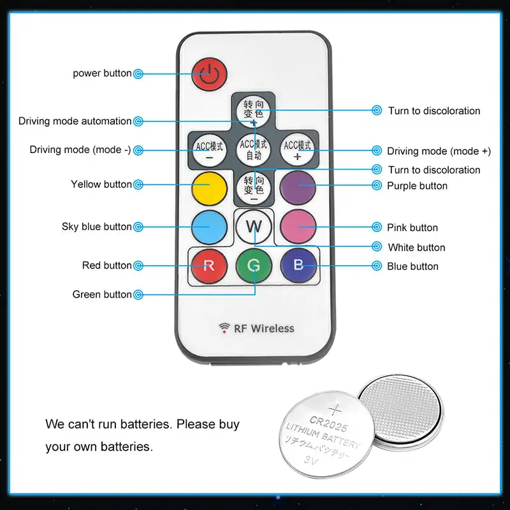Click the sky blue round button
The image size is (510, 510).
pyautogui.click(x=209, y=226)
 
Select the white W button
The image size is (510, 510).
pyautogui.click(x=254, y=226)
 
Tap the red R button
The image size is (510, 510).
pyautogui.click(x=208, y=265)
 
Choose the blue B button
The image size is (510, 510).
pyautogui.click(x=298, y=265)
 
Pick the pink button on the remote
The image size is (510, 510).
pyautogui.click(x=298, y=226)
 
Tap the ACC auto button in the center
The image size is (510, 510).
pyautogui.click(x=254, y=149)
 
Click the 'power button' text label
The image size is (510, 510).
pyautogui.click(x=102, y=73)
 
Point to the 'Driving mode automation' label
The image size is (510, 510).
pyautogui.click(x=75, y=121)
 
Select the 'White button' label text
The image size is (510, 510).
pyautogui.click(x=416, y=247)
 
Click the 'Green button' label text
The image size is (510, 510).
pyautogui.click(x=102, y=295)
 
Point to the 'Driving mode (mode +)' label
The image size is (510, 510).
pyautogui.click(x=439, y=151)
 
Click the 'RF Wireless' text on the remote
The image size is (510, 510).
pyautogui.click(x=265, y=328)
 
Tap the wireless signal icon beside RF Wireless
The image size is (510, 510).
pyautogui.click(x=224, y=328)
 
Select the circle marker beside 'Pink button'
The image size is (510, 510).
pyautogui.click(x=376, y=228)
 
